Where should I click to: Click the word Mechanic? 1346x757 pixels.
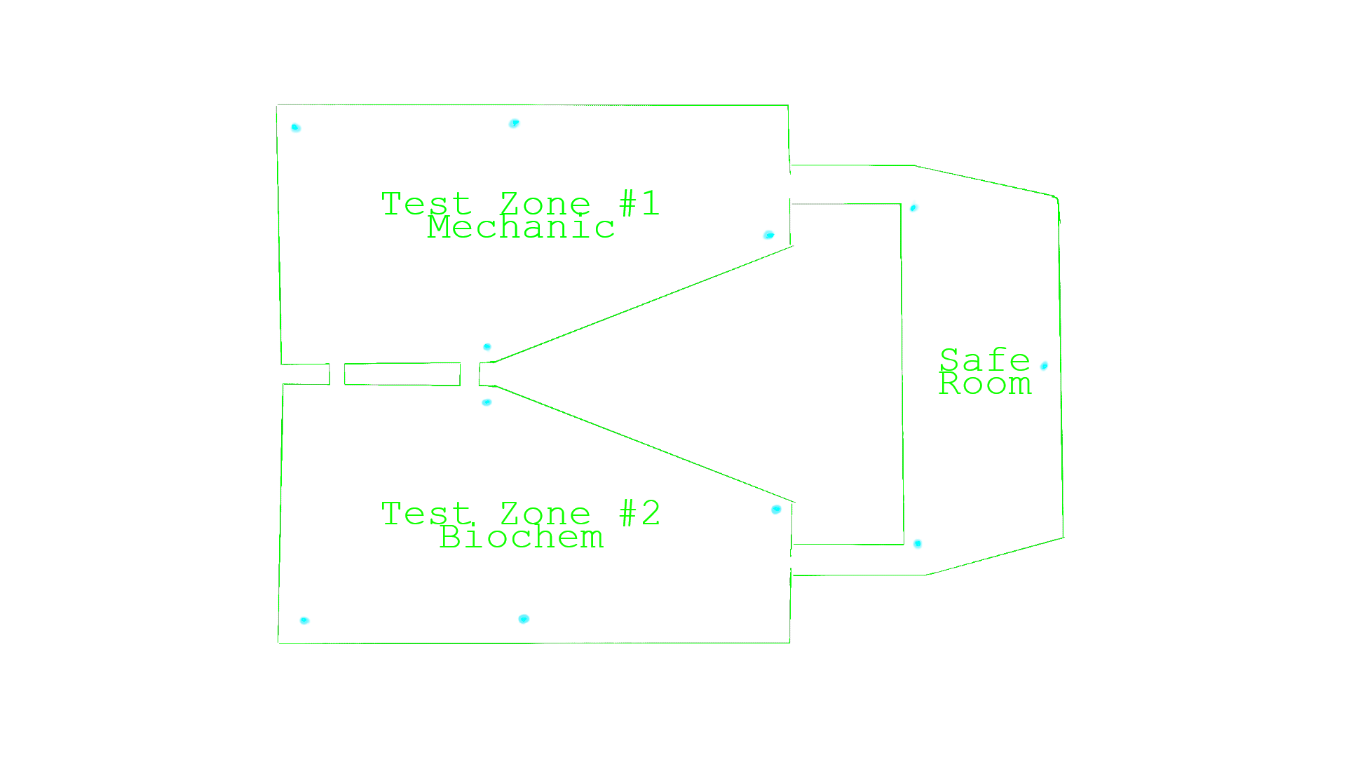point(521,228)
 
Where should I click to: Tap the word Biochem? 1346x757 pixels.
point(521,538)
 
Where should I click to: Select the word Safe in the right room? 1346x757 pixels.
point(984,360)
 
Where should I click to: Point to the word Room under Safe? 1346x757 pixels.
point(985,384)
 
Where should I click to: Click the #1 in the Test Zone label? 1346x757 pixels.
point(639,203)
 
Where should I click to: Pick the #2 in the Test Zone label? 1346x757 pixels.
point(639,513)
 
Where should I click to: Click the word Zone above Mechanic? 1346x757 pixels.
point(545,204)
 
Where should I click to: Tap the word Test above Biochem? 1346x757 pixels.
point(426,514)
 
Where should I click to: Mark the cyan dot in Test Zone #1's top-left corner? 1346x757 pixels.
point(296,128)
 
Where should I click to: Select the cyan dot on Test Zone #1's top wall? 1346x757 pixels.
point(515,124)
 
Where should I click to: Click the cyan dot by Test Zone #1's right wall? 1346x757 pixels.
point(769,235)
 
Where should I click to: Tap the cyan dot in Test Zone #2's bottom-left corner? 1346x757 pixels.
point(305,620)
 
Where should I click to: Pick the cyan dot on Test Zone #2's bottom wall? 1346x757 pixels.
point(524,619)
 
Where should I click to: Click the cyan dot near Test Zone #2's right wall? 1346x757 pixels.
point(776,510)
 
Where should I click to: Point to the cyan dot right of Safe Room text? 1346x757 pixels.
point(1044,366)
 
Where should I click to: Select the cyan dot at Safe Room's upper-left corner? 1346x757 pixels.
point(914,207)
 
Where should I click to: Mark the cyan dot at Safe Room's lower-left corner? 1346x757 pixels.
point(918,544)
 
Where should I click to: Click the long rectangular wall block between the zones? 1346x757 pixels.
point(402,374)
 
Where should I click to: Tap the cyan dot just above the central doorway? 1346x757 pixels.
point(487,348)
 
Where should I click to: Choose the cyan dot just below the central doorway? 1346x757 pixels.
point(487,402)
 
